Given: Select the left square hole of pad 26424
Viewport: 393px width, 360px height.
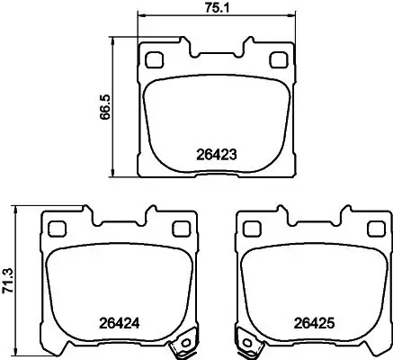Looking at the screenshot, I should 56,228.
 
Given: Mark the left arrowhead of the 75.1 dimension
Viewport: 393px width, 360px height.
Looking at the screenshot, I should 138,19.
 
